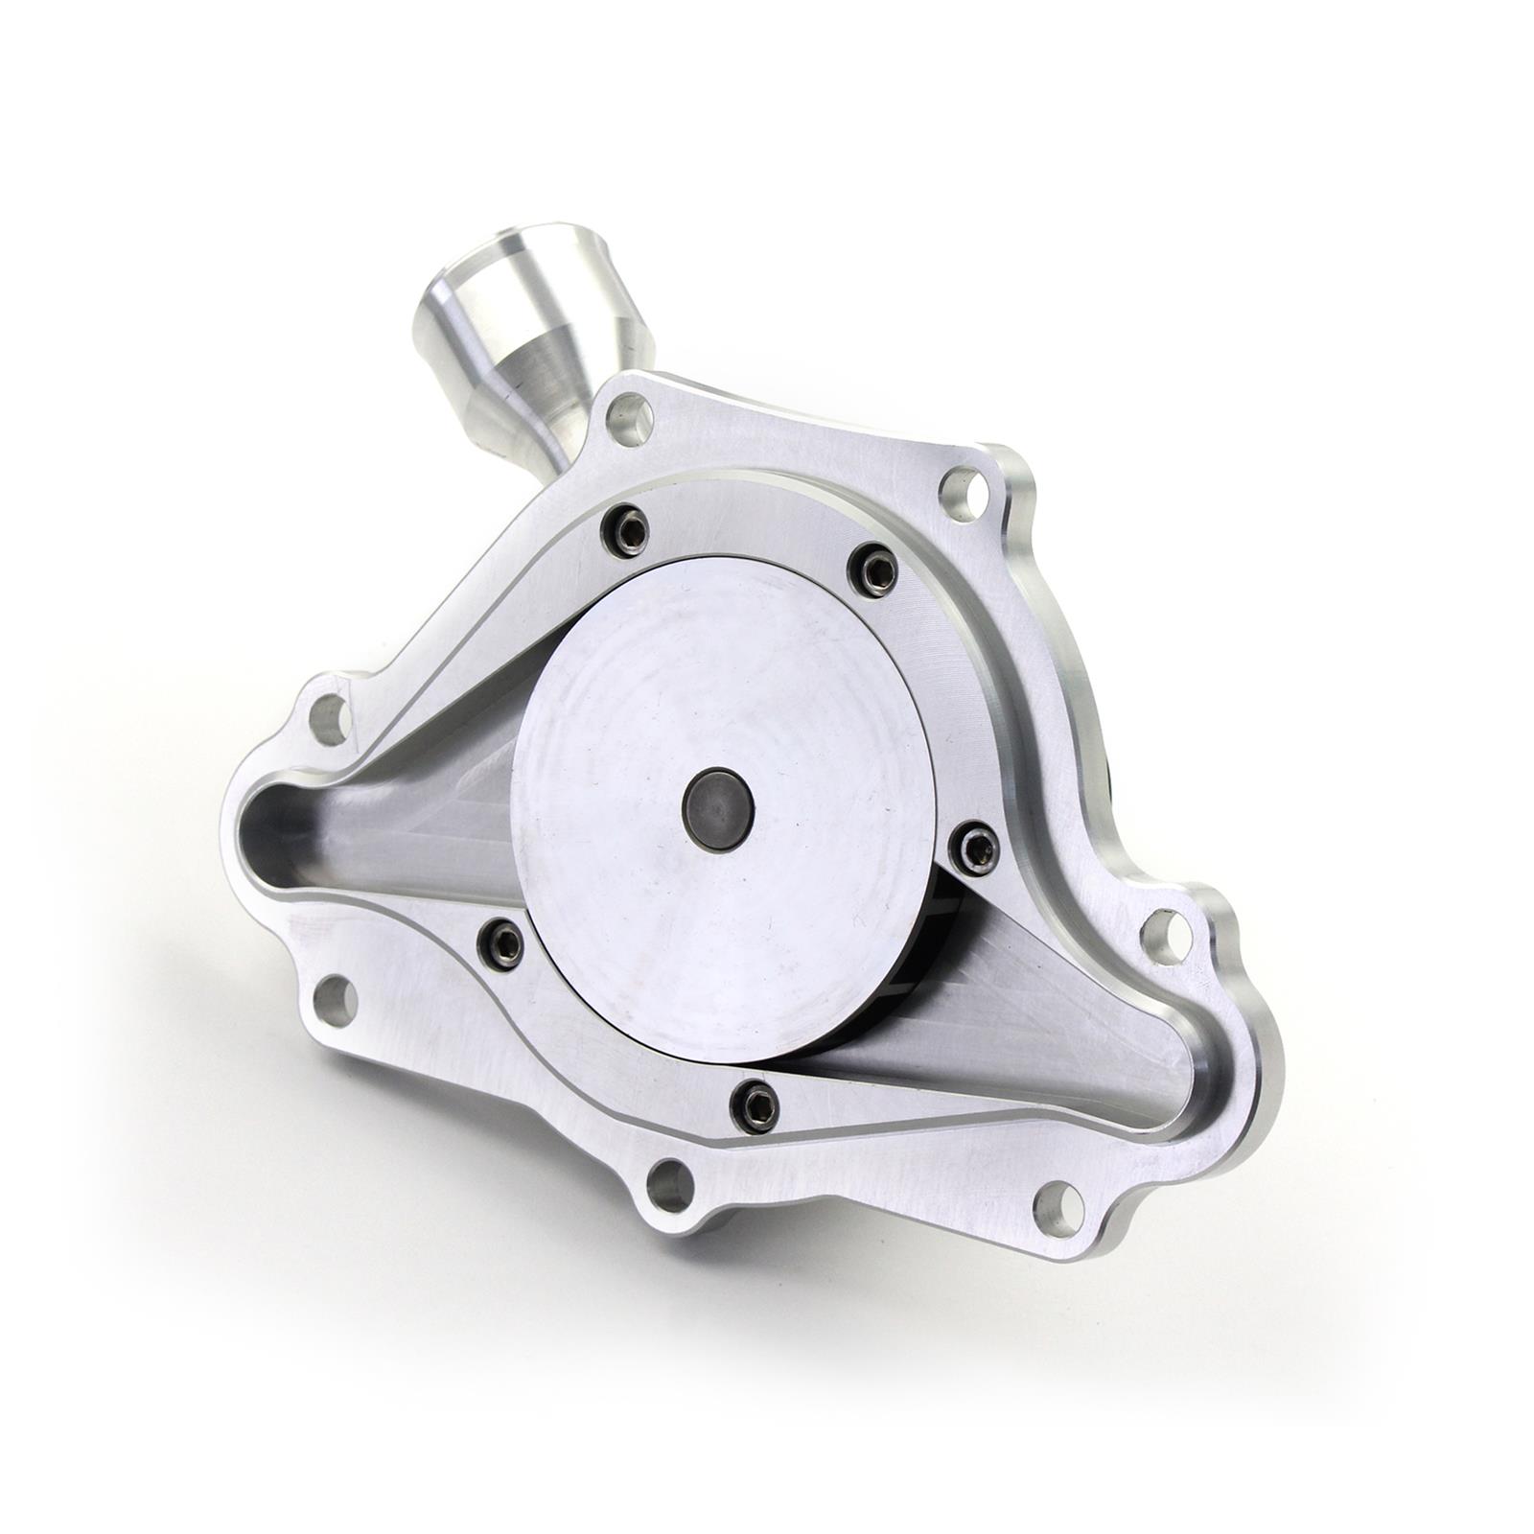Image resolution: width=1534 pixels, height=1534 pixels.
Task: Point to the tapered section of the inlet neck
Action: [x=532, y=383]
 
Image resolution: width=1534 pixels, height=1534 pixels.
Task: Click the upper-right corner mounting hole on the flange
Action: [x=962, y=493]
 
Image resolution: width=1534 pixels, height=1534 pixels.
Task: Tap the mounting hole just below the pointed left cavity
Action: [x=335, y=1001]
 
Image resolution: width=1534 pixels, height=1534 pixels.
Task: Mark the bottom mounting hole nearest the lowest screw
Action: [x=670, y=1187]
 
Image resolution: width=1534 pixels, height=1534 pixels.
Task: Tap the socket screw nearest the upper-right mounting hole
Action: [x=873, y=571]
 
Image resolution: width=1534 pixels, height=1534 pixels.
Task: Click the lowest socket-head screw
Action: [x=754, y=1107]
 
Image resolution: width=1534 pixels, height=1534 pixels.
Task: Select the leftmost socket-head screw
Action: [x=501, y=943]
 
